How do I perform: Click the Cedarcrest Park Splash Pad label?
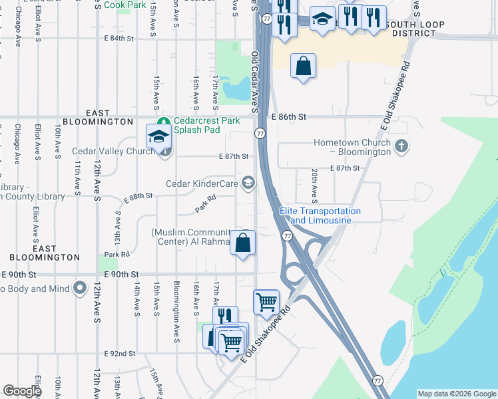tap(206, 126)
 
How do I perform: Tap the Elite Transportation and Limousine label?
tap(320, 215)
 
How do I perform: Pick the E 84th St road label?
tap(118, 39)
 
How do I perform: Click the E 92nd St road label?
tap(120, 354)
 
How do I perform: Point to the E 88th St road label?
tap(138, 196)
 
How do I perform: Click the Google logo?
tap(21, 391)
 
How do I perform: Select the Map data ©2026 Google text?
tap(457, 394)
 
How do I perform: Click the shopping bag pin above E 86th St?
tap(303, 66)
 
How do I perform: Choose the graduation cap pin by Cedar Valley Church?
tap(159, 136)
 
